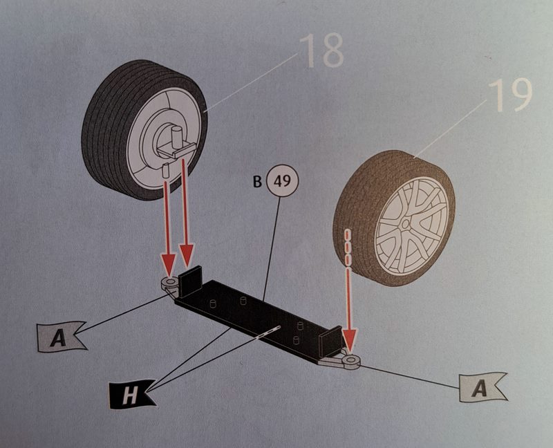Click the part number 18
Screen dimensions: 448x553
[x=321, y=50]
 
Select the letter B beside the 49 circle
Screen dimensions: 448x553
[x=257, y=183]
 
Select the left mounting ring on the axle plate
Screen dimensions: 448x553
[x=169, y=283]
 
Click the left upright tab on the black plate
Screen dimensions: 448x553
[x=189, y=280]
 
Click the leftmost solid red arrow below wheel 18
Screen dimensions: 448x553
[x=167, y=221]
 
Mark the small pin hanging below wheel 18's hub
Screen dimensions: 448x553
[x=167, y=168]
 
